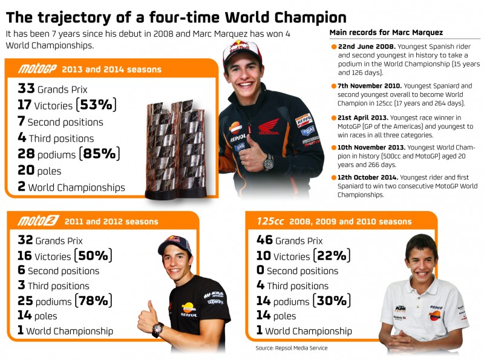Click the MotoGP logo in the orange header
38,68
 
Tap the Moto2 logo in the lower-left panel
38,221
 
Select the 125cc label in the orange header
270,221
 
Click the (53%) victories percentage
96,105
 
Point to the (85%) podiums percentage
99,154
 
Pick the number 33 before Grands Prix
26,88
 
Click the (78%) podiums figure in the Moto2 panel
93,301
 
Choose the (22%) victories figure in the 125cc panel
332,256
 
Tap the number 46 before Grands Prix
264,240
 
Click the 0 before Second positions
260,270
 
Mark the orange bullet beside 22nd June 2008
334,47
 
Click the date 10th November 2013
371,148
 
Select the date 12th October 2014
367,177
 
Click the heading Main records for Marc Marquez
386,33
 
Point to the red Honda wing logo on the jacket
269,126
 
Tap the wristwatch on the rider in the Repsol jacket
268,162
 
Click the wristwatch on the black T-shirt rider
157,329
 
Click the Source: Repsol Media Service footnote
292,348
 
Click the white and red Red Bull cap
241,51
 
